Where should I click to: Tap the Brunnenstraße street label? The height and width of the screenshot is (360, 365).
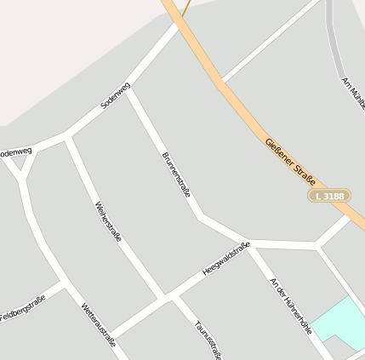176,174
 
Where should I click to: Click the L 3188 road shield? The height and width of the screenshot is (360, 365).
328,196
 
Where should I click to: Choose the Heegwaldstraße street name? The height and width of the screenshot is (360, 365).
225,259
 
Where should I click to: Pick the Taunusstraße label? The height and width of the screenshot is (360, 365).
208,339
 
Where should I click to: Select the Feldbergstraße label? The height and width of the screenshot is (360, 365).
23,308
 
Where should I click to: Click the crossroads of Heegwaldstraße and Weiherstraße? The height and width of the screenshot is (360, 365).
163,298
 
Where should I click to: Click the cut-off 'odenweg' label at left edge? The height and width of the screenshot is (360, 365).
15,152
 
